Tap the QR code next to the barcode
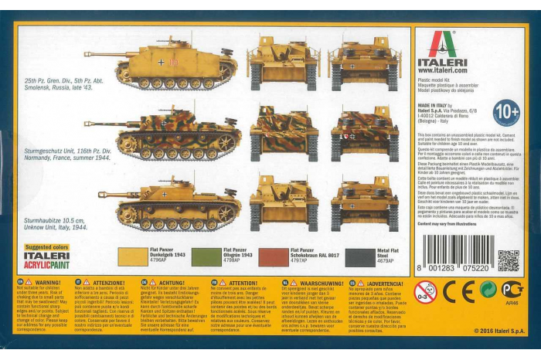tap(508, 260)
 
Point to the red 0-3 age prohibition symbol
tap(424, 291)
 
